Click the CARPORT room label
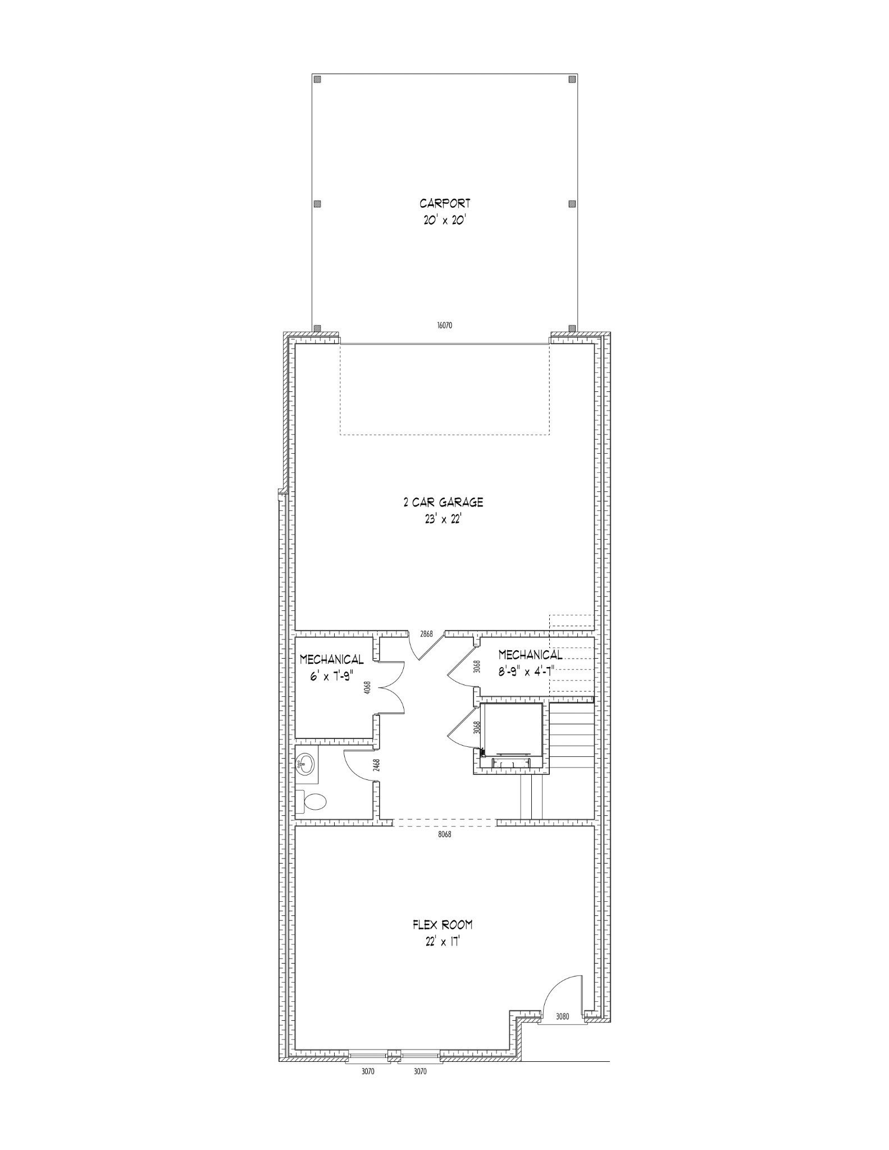(445, 203)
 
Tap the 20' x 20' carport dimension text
(445, 221)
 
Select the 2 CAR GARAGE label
(443, 502)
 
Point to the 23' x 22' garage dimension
(443, 519)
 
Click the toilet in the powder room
(310, 802)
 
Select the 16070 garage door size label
(444, 325)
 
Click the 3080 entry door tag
(563, 1016)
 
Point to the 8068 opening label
(444, 834)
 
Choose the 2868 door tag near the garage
(427, 633)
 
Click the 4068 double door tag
(367, 688)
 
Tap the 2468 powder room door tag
(377, 765)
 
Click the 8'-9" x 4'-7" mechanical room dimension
(530, 670)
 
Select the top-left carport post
(317, 79)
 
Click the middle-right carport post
(572, 203)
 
